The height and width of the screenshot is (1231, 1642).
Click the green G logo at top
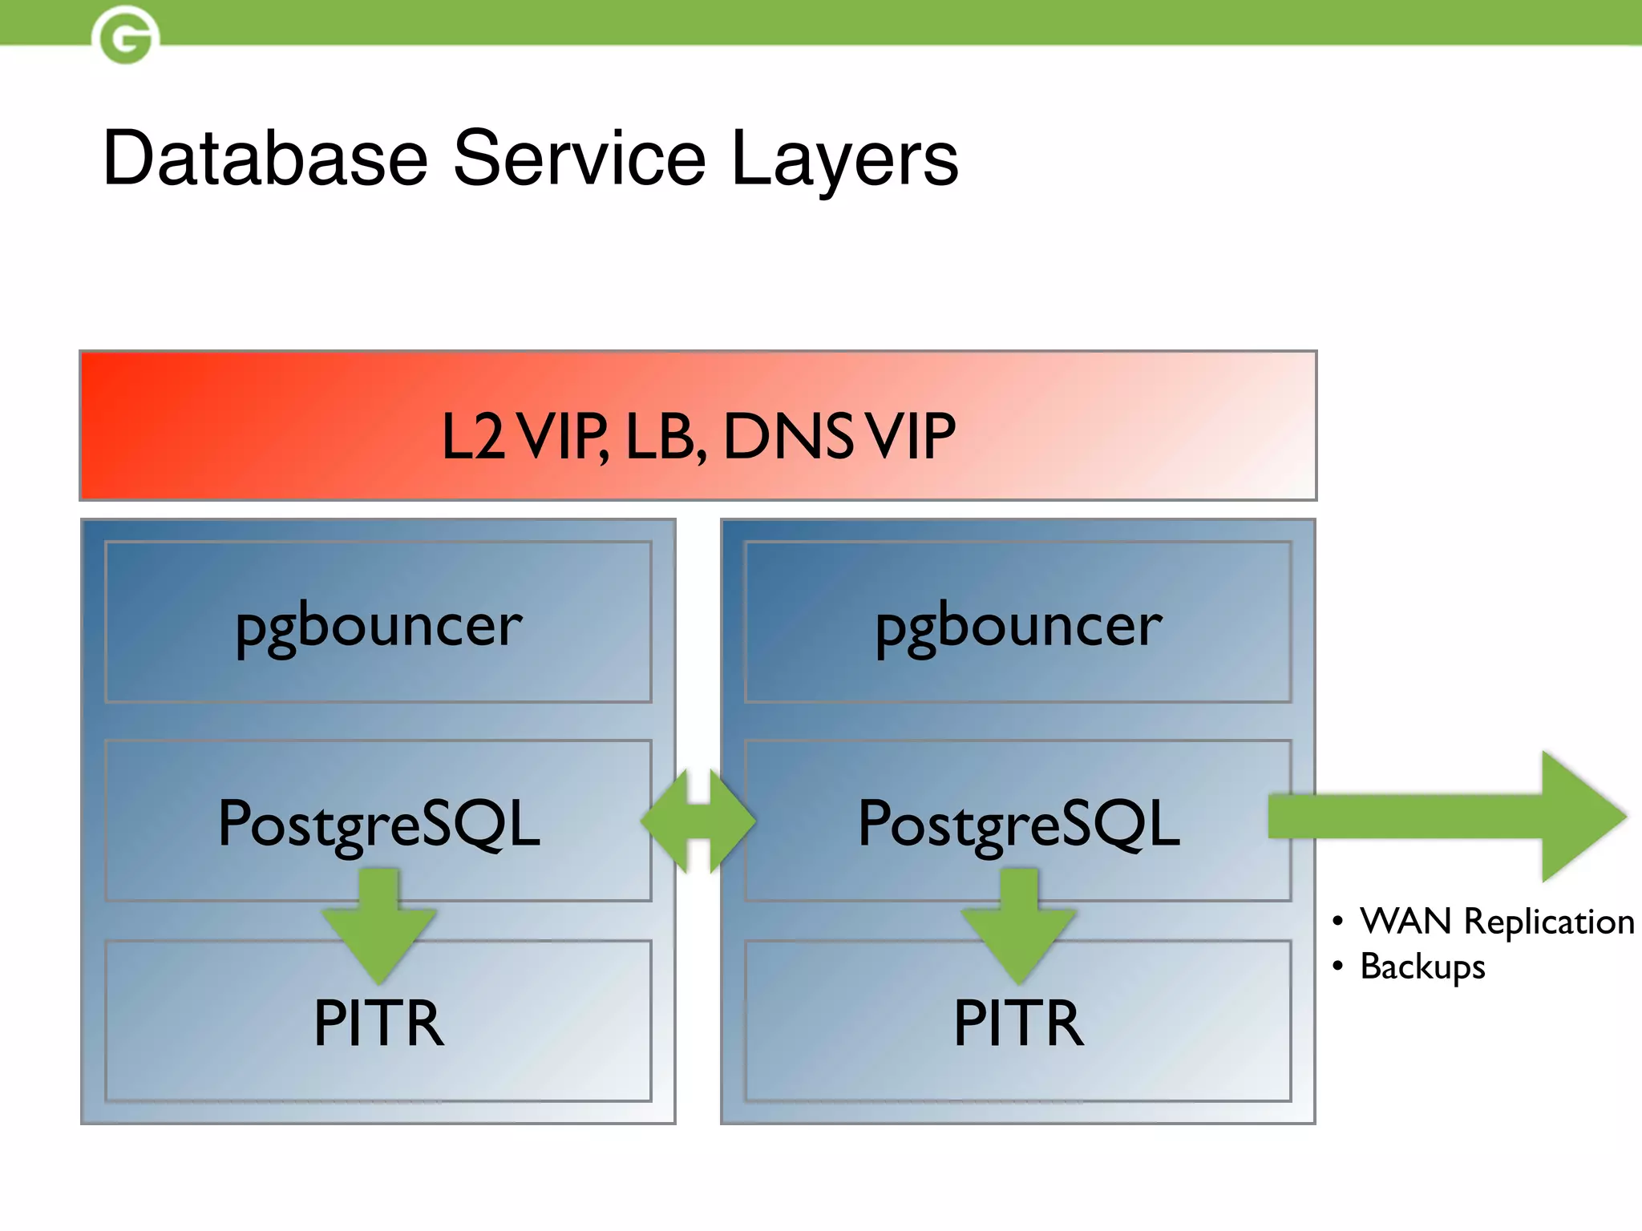click(x=125, y=36)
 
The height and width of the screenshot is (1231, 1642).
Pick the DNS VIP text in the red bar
click(x=839, y=437)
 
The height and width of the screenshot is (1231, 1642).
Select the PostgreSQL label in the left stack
click(x=378, y=823)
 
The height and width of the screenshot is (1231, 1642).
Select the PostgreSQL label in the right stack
click(x=1018, y=823)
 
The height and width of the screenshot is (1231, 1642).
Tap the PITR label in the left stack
click(x=378, y=1023)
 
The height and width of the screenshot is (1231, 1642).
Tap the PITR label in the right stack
click(x=1018, y=1023)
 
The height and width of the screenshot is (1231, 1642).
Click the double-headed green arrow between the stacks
click(x=698, y=821)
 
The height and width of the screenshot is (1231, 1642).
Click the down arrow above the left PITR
click(x=378, y=930)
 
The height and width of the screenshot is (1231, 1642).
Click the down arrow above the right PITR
click(x=1018, y=930)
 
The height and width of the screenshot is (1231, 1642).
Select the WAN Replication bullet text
click(x=1496, y=922)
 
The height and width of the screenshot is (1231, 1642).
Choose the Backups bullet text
click(x=1422, y=967)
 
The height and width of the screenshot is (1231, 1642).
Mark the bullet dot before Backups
click(x=1337, y=966)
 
